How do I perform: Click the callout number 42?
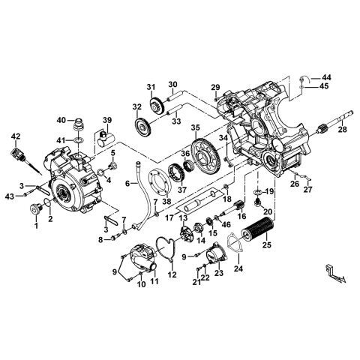click(x=15, y=135)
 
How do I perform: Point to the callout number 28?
click(x=343, y=129)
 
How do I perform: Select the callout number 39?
click(x=107, y=120)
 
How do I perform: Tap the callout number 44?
click(x=326, y=78)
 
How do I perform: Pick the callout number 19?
click(x=270, y=192)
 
